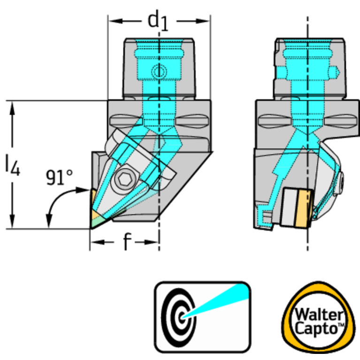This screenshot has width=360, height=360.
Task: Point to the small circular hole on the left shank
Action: pos(159,72)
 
